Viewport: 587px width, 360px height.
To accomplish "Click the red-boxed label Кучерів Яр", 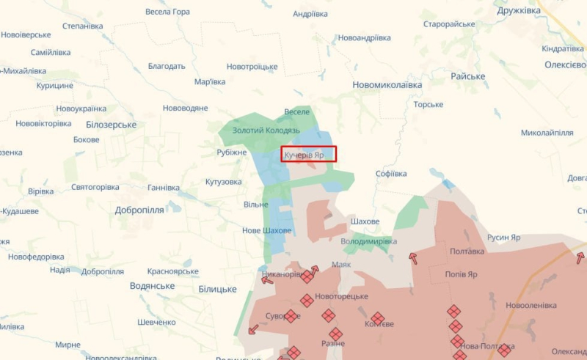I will [x=308, y=155].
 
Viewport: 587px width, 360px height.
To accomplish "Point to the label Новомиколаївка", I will [x=387, y=84].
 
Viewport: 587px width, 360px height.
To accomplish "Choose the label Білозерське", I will [x=112, y=125].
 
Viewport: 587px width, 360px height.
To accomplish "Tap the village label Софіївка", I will [x=390, y=174].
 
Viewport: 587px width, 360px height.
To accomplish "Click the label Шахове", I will [x=365, y=221].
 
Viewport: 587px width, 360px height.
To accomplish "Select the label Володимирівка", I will [x=369, y=240].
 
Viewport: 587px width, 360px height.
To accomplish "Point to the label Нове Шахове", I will [x=267, y=230].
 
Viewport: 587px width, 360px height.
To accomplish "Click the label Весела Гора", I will [x=167, y=12].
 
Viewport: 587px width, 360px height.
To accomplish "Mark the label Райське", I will [x=467, y=76].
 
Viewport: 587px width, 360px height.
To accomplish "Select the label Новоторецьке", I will [x=341, y=296].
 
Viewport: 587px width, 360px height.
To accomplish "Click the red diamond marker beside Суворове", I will [x=291, y=316].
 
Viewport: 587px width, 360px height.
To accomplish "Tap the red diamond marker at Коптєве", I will [x=377, y=318].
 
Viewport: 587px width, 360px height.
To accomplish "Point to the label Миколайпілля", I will [x=547, y=133].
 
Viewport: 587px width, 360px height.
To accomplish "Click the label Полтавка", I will [x=467, y=251].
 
